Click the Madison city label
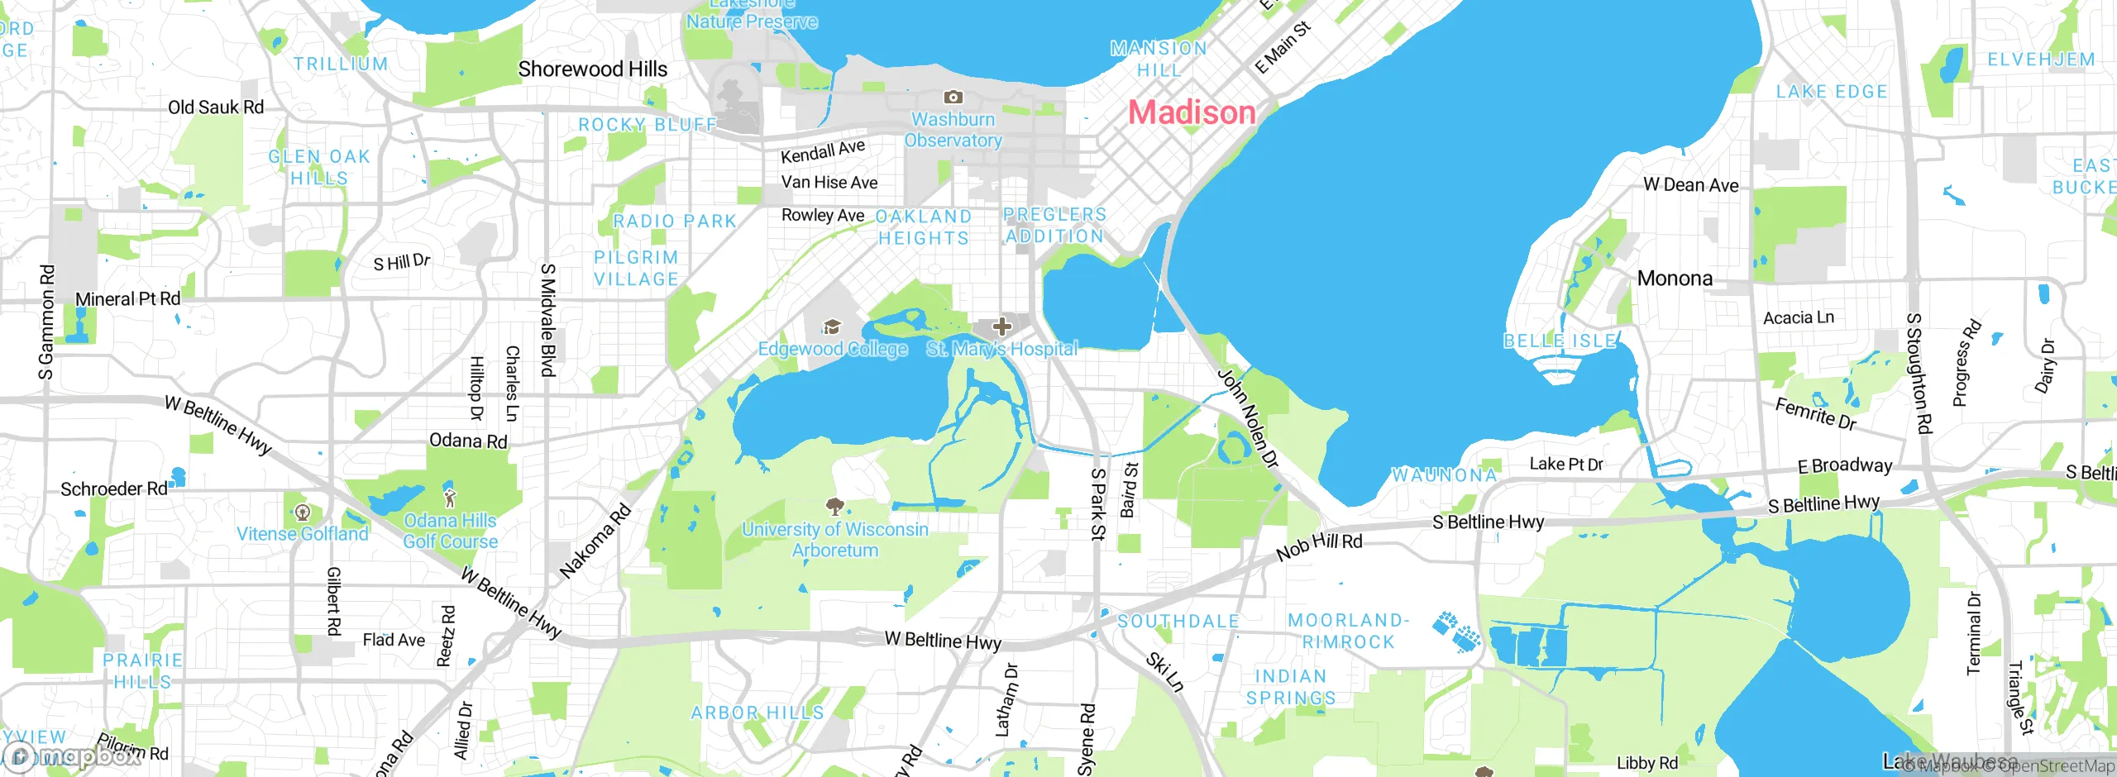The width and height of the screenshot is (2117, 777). click(x=1192, y=112)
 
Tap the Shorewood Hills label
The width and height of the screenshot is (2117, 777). click(x=592, y=69)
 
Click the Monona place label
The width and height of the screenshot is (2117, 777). click(x=1675, y=279)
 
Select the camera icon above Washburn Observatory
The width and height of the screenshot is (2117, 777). click(x=953, y=98)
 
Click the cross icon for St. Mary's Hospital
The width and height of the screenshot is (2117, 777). click(x=1002, y=326)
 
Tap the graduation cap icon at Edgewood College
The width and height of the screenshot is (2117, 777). click(x=832, y=327)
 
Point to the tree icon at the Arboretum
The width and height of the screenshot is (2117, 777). click(x=835, y=505)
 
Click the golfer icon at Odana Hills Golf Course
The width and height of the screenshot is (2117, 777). click(x=450, y=498)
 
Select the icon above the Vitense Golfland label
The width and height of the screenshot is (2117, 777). click(x=303, y=512)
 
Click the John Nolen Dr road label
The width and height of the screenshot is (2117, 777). click(x=1248, y=419)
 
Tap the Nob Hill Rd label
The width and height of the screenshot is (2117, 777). click(x=1319, y=546)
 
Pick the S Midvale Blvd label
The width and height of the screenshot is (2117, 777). click(x=547, y=320)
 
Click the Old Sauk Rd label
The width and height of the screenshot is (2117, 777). click(x=216, y=107)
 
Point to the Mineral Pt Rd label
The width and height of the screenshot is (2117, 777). click(x=127, y=299)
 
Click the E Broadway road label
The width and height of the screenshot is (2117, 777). click(x=1845, y=466)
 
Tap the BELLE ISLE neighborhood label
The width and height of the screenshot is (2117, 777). click(x=1560, y=341)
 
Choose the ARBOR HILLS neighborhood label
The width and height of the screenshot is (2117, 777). click(x=757, y=713)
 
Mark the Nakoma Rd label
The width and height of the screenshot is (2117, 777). click(x=595, y=541)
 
